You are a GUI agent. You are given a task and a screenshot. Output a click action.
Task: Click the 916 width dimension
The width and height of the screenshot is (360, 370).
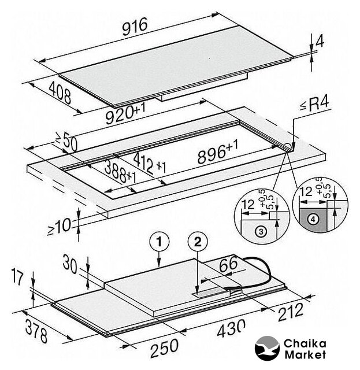135,26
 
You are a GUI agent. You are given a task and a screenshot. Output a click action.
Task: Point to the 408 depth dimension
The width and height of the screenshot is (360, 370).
60,93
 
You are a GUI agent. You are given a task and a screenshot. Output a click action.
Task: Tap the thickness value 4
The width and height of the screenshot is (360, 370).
320,41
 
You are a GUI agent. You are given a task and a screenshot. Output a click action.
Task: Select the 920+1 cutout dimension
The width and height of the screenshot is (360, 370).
125,114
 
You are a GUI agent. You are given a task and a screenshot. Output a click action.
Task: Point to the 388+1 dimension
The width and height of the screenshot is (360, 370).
120,172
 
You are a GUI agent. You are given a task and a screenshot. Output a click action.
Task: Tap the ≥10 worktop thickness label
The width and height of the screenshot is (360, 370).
60,227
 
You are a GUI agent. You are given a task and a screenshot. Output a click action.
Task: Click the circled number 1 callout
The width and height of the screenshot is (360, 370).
159,242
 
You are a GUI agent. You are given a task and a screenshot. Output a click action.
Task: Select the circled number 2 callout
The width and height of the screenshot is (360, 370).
198,242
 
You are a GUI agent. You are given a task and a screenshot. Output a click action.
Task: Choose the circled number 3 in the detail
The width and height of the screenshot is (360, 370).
261,231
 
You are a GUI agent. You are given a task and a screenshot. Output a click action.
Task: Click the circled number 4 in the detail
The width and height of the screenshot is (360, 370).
314,220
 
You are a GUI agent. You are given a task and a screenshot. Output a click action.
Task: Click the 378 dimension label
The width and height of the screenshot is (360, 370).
36,330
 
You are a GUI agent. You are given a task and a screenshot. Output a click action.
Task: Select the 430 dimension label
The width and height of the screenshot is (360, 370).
231,328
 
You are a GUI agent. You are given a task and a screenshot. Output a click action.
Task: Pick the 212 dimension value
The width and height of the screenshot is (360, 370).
291,313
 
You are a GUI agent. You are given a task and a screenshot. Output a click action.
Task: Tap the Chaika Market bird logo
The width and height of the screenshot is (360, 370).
267,348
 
